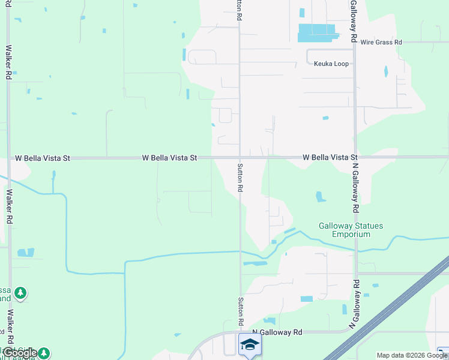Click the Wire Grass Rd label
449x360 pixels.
[x=381, y=43]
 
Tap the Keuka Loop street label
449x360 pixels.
[x=331, y=64]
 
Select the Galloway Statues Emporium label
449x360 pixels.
[x=351, y=230]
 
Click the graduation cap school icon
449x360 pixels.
[x=250, y=345]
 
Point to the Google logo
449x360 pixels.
[x=20, y=353]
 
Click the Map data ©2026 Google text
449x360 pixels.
[x=412, y=355]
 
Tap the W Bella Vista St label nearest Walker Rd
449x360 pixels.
[x=42, y=158]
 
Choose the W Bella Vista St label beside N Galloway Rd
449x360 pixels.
[x=330, y=157]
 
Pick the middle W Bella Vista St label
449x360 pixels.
[x=170, y=158]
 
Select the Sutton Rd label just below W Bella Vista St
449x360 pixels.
[x=240, y=178]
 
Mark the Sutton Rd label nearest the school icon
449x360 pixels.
[x=240, y=310]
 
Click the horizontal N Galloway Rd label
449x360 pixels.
[x=277, y=332]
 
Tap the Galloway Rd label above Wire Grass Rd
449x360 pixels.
[x=354, y=22]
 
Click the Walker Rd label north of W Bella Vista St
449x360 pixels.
[x=9, y=62]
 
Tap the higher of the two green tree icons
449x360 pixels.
[x=21, y=293]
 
